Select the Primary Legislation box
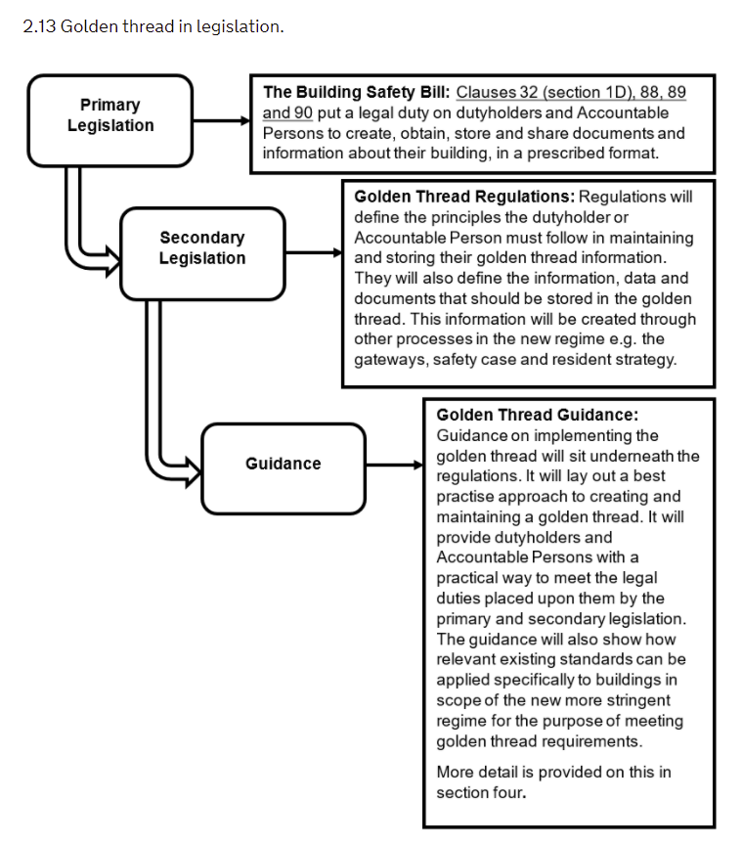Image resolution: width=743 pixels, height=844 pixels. (109, 115)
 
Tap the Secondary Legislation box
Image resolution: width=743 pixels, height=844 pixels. (202, 248)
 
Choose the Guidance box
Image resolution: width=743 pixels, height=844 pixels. (283, 464)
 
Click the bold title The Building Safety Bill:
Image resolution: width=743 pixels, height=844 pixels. (356, 92)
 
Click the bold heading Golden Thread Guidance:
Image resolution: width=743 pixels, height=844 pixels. (537, 415)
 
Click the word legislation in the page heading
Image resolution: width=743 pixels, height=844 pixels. (245, 26)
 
